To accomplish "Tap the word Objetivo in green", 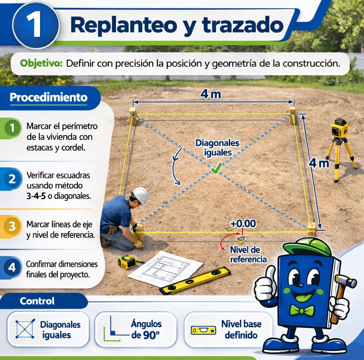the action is click(41, 63).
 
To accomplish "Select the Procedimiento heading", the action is click(48, 98).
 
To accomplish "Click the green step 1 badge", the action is click(12, 127).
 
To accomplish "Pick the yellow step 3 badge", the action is click(11, 226).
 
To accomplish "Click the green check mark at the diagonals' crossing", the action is click(216, 168).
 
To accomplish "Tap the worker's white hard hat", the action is click(140, 196).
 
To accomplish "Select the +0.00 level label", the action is click(243, 224).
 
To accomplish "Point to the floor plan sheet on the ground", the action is click(165, 269).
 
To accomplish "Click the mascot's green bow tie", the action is click(302, 311).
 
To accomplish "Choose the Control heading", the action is click(37, 301).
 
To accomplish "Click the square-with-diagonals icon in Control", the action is click(25, 329).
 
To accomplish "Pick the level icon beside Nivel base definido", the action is click(203, 330).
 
